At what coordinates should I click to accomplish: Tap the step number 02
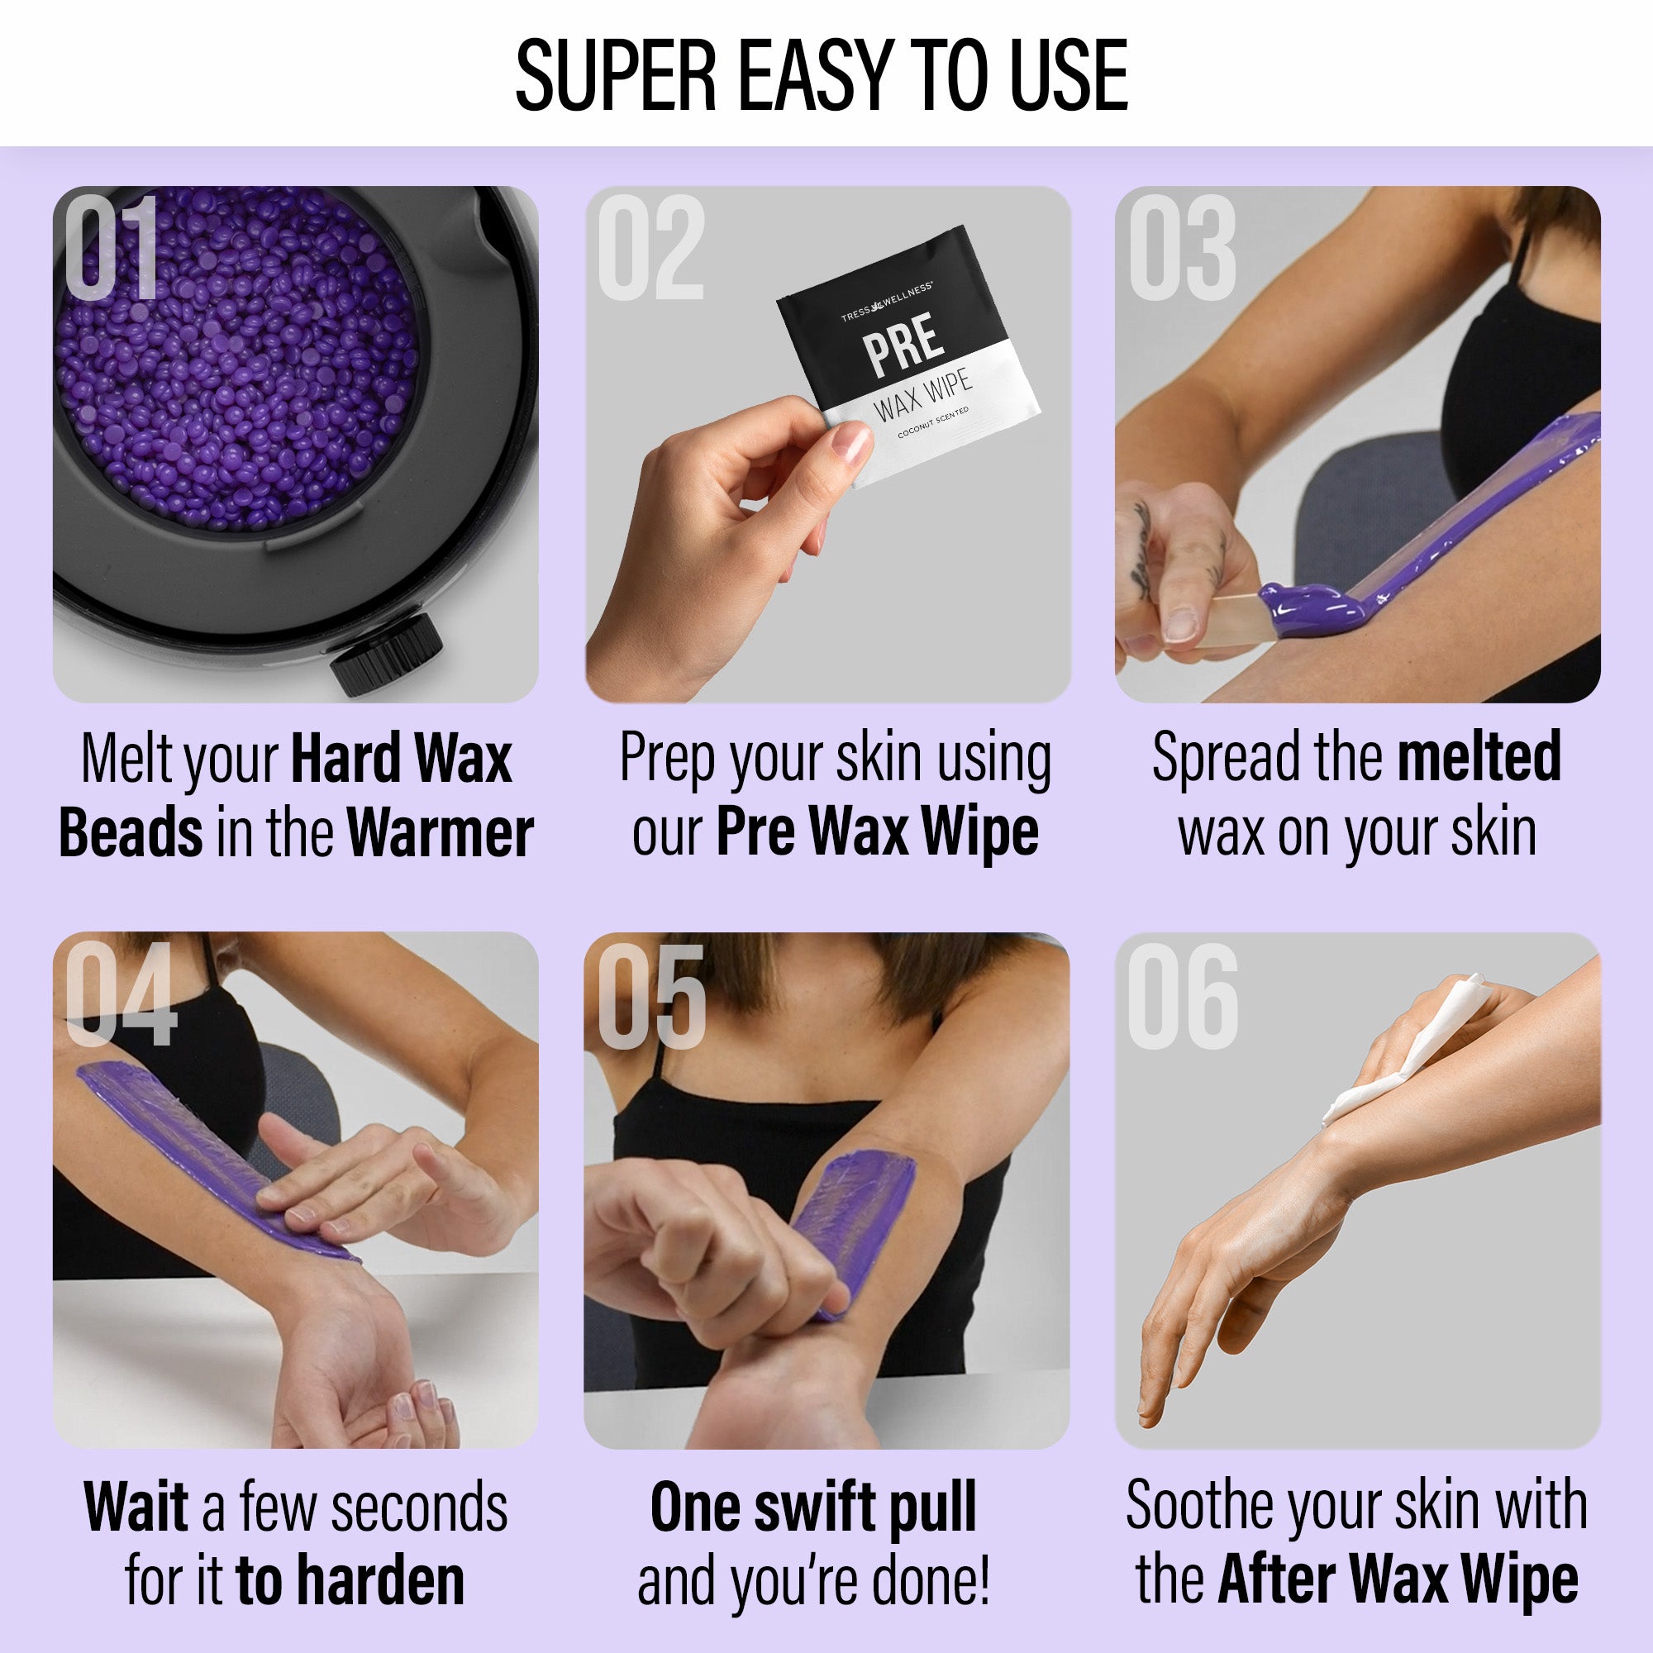point(651,247)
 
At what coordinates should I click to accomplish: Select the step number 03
point(1183,247)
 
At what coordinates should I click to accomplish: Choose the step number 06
point(1184,997)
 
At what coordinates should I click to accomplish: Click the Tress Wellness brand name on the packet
point(886,303)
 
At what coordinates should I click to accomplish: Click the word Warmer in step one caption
point(441,833)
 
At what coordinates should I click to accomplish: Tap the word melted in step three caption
point(1479,756)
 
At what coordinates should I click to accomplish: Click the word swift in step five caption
point(824,1507)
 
